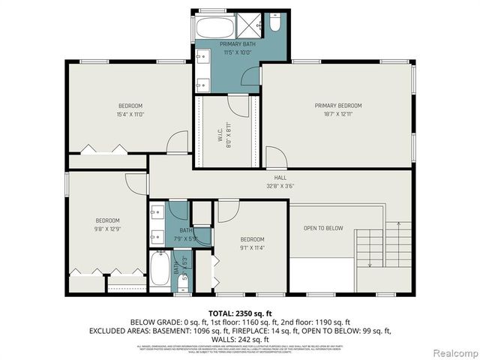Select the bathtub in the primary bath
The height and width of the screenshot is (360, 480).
(x=214, y=28)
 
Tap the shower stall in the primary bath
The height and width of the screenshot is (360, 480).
(x=250, y=26)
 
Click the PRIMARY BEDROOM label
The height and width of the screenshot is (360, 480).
(x=337, y=106)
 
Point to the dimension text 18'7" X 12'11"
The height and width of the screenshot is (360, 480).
(x=337, y=115)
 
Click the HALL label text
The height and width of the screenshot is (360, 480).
(x=280, y=178)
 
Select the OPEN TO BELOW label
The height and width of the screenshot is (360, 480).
(x=323, y=228)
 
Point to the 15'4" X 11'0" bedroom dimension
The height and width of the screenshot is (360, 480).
(x=130, y=115)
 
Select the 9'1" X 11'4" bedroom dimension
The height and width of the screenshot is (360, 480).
(x=252, y=247)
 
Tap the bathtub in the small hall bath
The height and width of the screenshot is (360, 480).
(x=160, y=268)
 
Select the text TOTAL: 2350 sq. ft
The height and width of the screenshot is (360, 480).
(x=239, y=311)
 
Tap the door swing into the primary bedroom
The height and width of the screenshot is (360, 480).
(x=275, y=159)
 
